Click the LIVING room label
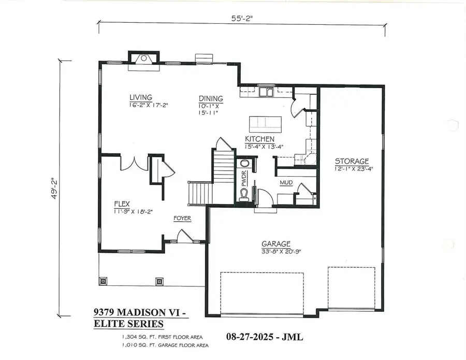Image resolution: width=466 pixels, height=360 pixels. click(x=140, y=97)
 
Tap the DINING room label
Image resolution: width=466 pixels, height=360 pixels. click(x=211, y=98)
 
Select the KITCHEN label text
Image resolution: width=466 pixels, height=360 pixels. click(x=259, y=139)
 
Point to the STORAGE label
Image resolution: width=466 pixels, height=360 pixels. click(x=351, y=161)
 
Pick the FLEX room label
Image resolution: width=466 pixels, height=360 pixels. click(x=122, y=204)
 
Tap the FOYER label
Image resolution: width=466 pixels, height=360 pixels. click(x=182, y=219)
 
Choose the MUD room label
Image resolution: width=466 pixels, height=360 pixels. click(x=286, y=183)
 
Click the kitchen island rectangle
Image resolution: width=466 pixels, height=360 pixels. click(x=265, y=124)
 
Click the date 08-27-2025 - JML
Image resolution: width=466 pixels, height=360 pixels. click(x=264, y=337)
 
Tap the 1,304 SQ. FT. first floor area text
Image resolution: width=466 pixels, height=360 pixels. click(x=158, y=337)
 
